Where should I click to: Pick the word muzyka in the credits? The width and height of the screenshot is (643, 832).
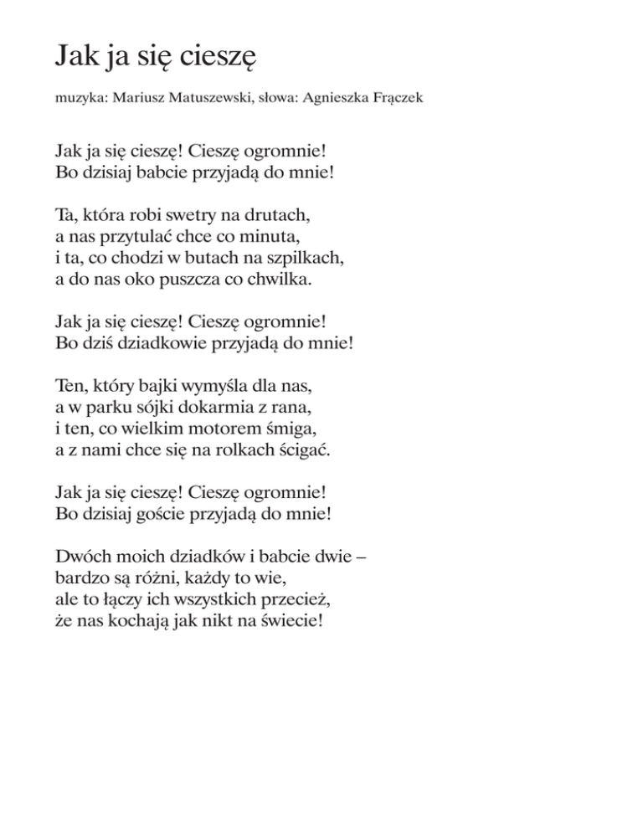78,99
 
